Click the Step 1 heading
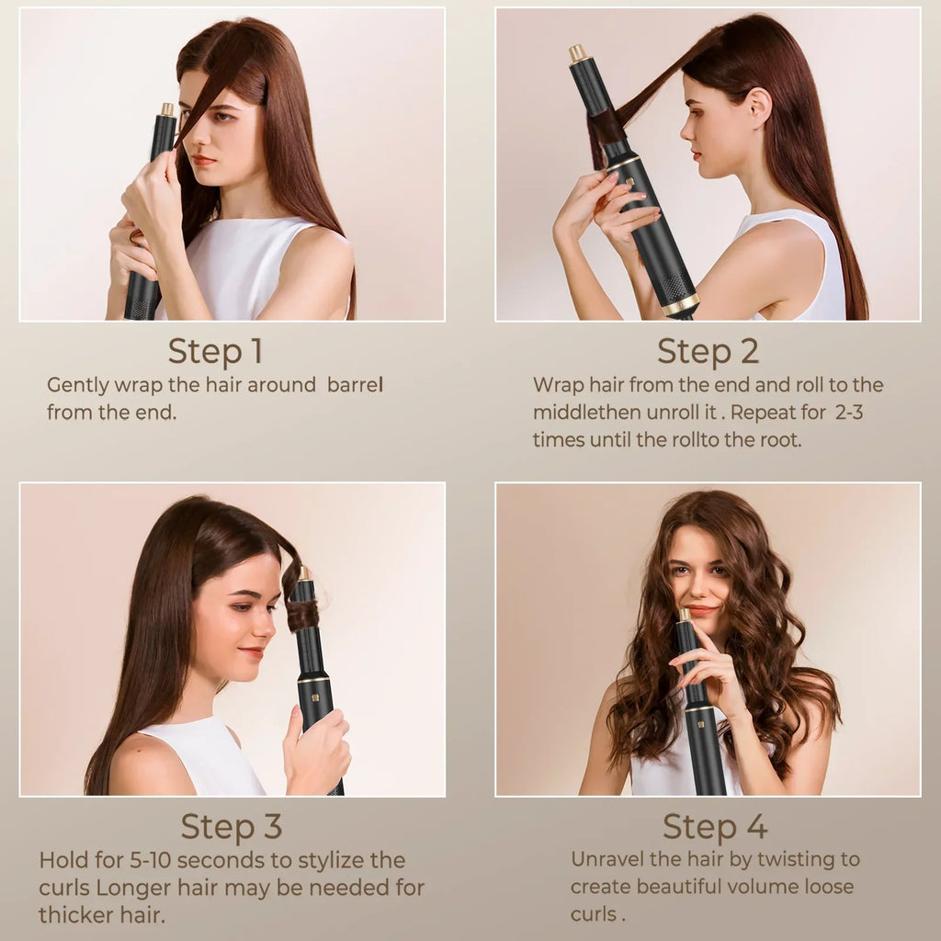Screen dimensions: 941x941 point(215,351)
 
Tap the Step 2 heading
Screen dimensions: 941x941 point(707,351)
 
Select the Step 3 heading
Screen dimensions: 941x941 point(231,826)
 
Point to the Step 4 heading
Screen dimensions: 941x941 point(715,826)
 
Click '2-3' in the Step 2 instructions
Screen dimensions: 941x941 point(849,413)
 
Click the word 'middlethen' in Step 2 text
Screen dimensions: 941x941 point(580,413)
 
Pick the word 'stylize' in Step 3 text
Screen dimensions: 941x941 point(334,861)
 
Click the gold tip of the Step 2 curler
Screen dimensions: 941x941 point(578,53)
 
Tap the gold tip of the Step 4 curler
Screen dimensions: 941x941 point(685,614)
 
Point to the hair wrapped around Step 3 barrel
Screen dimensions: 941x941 point(303,615)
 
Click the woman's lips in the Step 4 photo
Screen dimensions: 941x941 point(700,610)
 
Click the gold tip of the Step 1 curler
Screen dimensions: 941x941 point(167,109)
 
